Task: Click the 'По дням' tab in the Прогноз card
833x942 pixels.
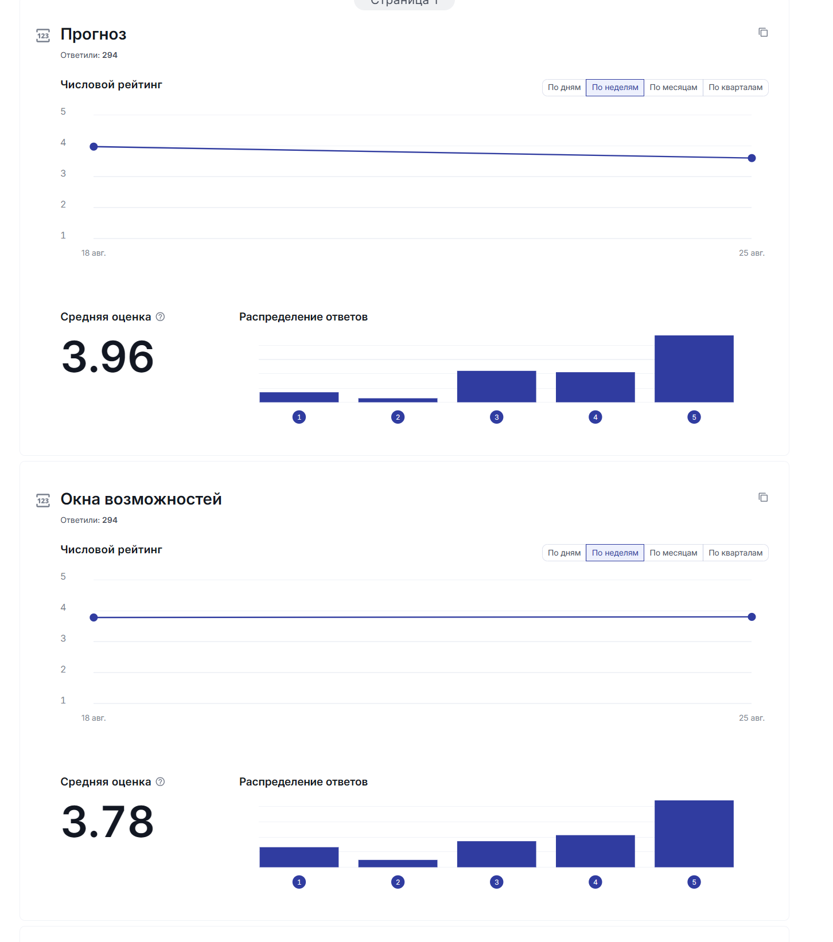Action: [x=564, y=88]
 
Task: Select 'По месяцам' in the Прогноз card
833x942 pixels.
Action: [x=673, y=88]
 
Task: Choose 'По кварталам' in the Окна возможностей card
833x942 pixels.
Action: [x=735, y=553]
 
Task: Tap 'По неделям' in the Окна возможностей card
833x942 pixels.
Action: [x=614, y=553]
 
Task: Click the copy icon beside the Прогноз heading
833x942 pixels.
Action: [x=763, y=33]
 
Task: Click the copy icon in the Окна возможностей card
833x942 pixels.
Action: [x=763, y=498]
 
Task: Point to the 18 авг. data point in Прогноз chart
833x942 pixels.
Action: [x=94, y=147]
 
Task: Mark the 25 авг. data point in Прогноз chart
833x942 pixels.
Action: [x=752, y=158]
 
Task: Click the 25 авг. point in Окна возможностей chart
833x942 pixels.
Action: [x=752, y=617]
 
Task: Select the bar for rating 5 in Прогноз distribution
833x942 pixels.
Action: [x=694, y=369]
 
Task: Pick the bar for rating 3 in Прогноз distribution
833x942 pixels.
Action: [x=496, y=386]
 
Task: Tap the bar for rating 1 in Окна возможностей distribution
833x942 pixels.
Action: [x=299, y=857]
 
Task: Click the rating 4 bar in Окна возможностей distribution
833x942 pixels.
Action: [x=595, y=851]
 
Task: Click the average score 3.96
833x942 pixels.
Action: [x=108, y=357]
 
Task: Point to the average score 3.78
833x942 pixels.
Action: [x=108, y=822]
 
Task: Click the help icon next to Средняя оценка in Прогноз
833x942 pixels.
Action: [x=161, y=317]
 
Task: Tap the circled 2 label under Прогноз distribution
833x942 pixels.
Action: [x=398, y=417]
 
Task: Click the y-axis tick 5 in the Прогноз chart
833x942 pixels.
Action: [x=63, y=112]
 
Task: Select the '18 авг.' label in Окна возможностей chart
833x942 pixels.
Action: [x=94, y=718]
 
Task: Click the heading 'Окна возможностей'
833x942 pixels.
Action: [x=141, y=499]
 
